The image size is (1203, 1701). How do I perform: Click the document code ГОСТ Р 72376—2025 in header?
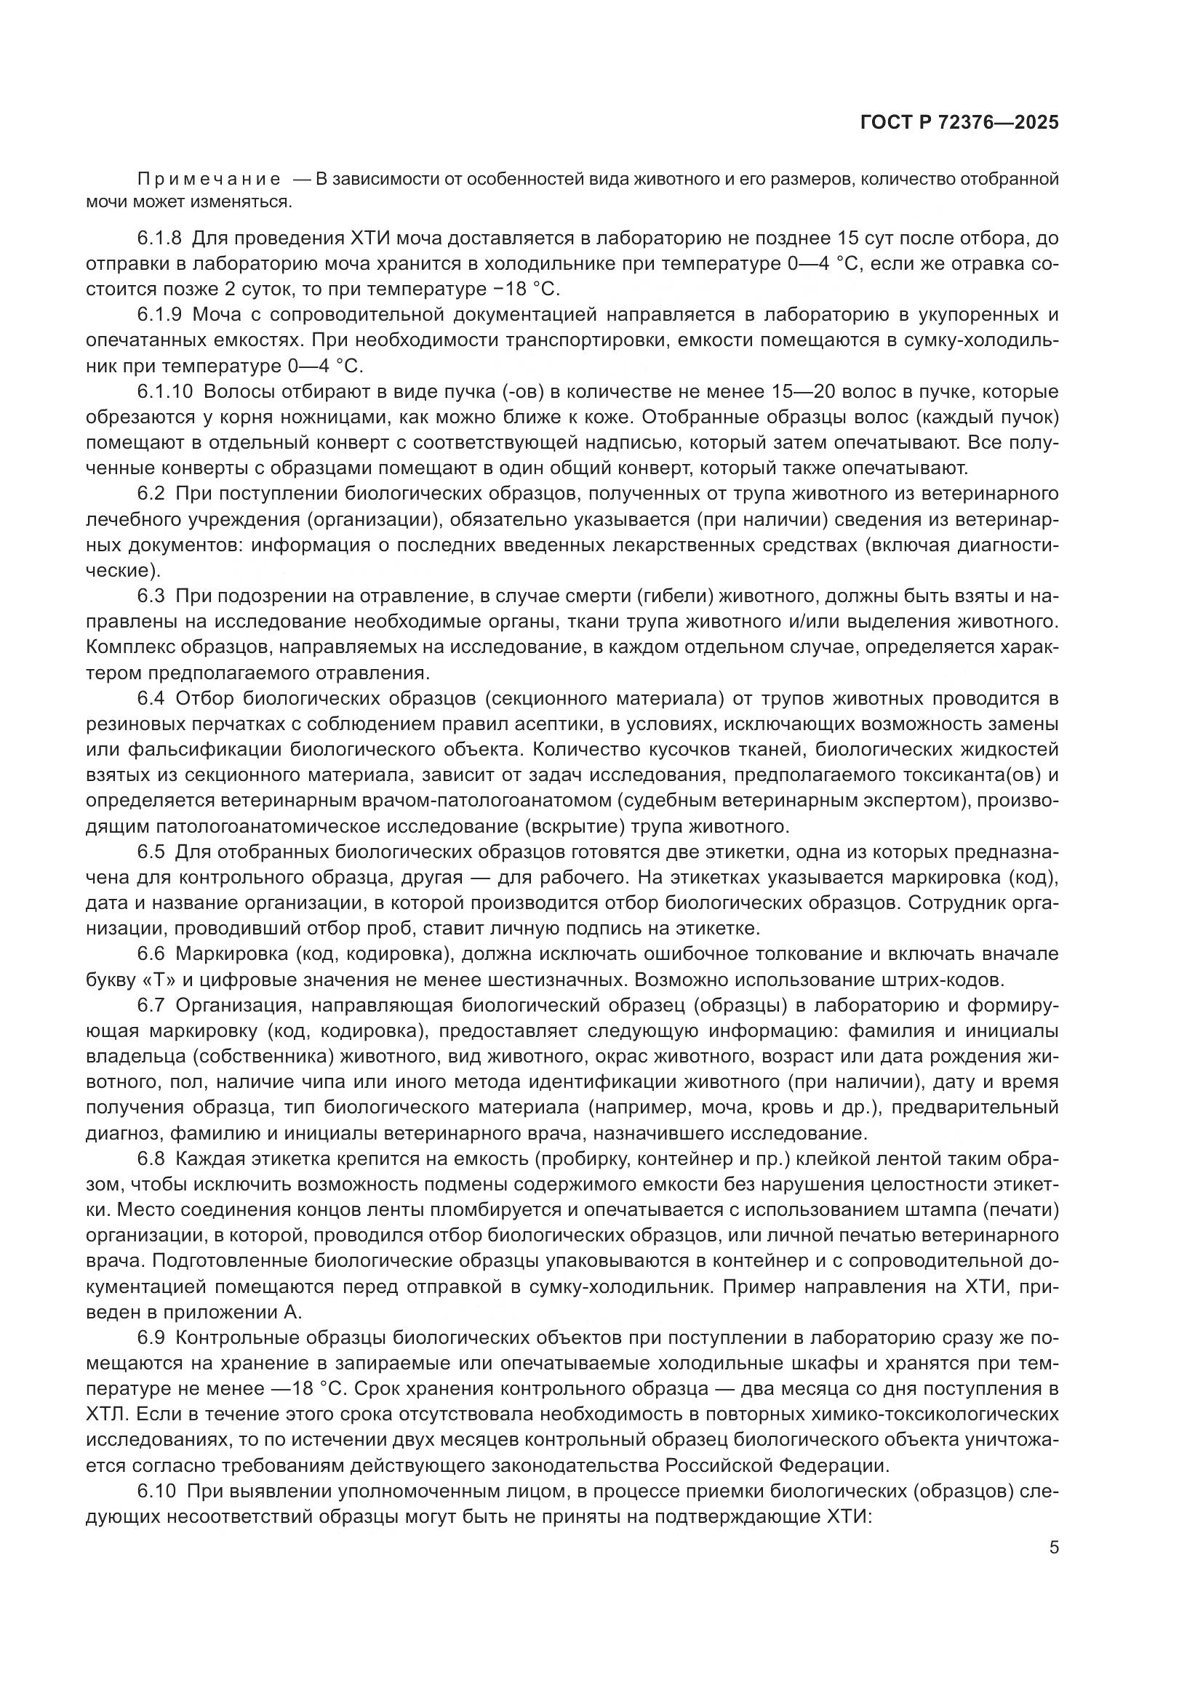(x=959, y=123)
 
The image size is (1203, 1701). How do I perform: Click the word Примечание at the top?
(x=209, y=180)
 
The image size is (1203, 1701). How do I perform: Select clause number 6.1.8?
(x=159, y=238)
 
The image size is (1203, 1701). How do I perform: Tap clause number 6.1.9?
(x=159, y=315)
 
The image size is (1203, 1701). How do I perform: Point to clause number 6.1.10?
(x=164, y=391)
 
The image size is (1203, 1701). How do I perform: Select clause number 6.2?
(x=151, y=493)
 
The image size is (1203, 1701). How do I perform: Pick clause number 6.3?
(x=151, y=596)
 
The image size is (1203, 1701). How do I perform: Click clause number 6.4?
(x=151, y=698)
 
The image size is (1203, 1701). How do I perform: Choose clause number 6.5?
(x=151, y=852)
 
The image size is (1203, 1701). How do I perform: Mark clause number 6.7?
(x=151, y=1005)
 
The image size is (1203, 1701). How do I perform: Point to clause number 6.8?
(x=151, y=1158)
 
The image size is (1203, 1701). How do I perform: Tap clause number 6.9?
(x=151, y=1338)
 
